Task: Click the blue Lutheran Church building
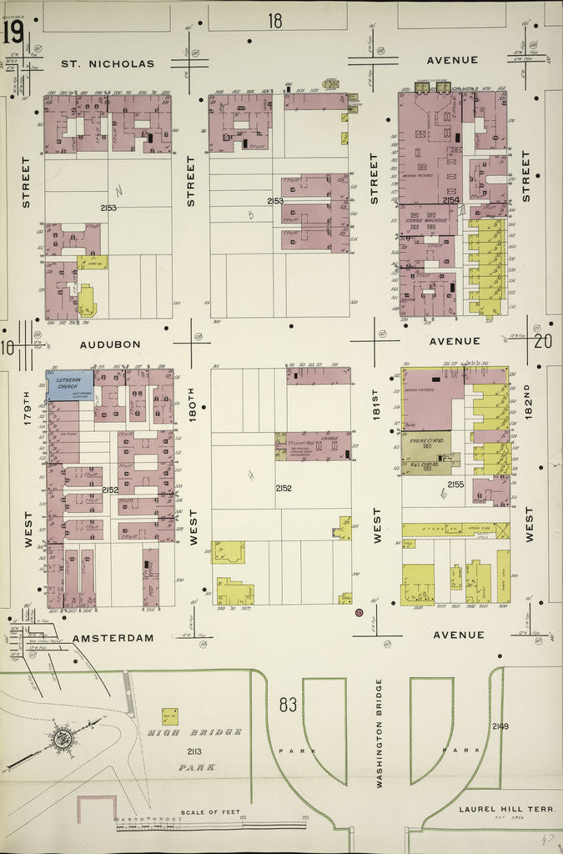(70, 385)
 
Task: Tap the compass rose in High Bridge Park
(61, 738)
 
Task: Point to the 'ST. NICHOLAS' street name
(108, 63)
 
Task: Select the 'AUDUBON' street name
(110, 343)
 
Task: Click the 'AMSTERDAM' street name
(113, 638)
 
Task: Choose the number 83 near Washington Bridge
(288, 706)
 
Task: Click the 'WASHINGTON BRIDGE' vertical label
(379, 734)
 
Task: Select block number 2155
(455, 483)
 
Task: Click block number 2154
(451, 200)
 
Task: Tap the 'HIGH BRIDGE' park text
(194, 731)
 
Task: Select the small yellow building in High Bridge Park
(169, 716)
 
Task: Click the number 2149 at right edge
(500, 726)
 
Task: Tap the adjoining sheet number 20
(543, 340)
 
